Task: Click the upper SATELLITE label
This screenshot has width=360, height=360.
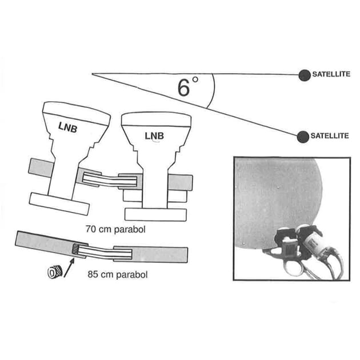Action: [331, 74]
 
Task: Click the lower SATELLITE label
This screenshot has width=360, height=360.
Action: [330, 135]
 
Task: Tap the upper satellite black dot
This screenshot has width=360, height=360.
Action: [305, 75]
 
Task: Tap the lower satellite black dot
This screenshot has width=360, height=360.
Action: [303, 137]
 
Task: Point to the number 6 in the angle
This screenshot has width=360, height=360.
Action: [184, 87]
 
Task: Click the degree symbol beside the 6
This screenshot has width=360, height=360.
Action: [195, 79]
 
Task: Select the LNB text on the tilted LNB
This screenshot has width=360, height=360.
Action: [68, 127]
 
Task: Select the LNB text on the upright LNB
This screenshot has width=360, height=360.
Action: [154, 136]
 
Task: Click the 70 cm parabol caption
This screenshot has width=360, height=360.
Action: [115, 229]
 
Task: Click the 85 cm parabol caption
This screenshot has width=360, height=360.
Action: [118, 275]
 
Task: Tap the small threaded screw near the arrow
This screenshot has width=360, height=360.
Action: [55, 273]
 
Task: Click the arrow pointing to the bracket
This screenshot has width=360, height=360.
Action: [69, 267]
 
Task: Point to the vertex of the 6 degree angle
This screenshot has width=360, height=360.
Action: [92, 74]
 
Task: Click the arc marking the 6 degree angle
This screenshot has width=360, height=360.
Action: [214, 90]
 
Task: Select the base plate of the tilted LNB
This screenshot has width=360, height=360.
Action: [59, 204]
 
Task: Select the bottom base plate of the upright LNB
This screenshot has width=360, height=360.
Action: [155, 215]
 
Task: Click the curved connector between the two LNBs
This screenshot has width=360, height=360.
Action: [110, 179]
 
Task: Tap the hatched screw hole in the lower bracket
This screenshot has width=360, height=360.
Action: [75, 249]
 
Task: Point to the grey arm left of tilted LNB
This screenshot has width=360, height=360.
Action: [41, 167]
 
